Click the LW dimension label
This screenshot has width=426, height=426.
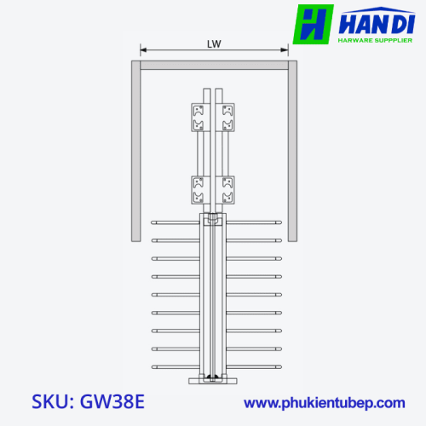[x=214, y=44]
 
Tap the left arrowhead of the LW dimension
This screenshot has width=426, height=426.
[x=143, y=50]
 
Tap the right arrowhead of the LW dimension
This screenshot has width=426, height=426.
[x=285, y=50]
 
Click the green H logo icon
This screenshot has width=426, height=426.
[x=313, y=24]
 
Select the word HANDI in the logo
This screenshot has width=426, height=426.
[x=377, y=24]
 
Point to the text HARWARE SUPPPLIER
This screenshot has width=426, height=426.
[x=375, y=40]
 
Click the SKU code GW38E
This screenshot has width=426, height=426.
[x=112, y=401]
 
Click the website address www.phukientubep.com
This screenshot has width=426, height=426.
[x=325, y=403]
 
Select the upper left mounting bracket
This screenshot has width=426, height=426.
[x=201, y=118]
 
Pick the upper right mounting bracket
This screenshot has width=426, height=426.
[x=225, y=118]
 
